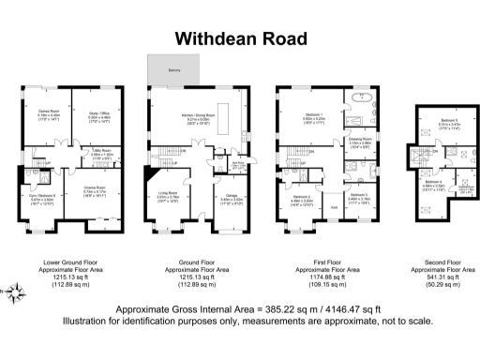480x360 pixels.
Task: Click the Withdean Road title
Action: coord(239,38)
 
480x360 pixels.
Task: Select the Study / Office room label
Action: coord(99,114)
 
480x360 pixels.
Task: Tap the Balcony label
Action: coord(173,70)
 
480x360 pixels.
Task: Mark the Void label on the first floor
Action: coord(334,208)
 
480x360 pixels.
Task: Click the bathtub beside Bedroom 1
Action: coord(361,98)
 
